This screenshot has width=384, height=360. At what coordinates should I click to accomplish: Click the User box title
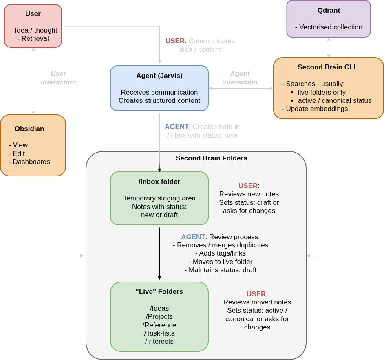(x=33, y=14)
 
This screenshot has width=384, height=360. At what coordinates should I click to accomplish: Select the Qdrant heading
(x=329, y=11)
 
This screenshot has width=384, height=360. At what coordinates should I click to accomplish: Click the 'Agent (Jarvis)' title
(x=159, y=76)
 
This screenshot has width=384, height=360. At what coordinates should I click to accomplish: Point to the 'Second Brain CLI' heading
(x=327, y=67)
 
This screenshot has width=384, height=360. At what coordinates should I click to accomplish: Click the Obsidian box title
(x=29, y=129)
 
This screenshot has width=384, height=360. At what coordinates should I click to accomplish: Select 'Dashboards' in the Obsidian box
(x=31, y=162)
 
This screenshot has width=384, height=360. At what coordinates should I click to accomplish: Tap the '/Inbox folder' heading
(x=159, y=182)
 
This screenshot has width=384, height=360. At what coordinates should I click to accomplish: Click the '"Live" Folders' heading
(x=159, y=292)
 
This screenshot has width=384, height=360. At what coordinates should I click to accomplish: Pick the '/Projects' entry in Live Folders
(x=159, y=317)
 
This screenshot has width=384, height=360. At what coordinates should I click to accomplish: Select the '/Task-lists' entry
(x=159, y=333)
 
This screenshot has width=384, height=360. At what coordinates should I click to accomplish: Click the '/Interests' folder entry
(x=159, y=342)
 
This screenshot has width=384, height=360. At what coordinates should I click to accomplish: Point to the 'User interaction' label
(x=58, y=78)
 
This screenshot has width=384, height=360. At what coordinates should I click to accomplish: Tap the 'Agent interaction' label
(x=240, y=78)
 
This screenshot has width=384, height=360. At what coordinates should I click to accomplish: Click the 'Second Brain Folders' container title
(x=211, y=158)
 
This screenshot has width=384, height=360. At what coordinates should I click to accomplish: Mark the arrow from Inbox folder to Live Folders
(x=159, y=253)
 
